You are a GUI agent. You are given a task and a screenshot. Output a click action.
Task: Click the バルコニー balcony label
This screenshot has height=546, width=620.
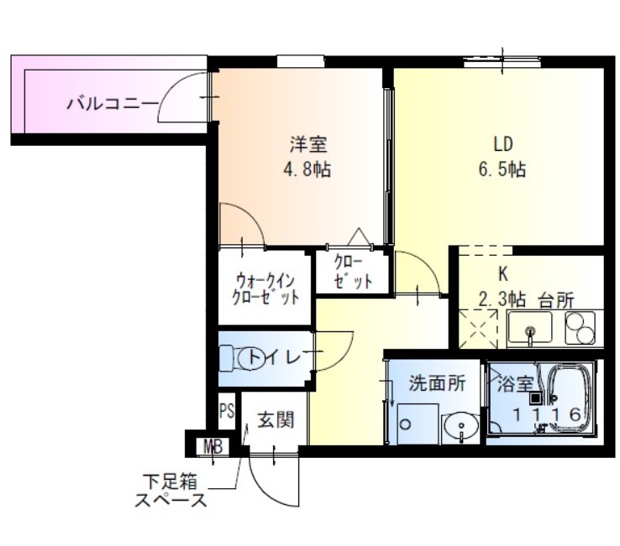(112, 104)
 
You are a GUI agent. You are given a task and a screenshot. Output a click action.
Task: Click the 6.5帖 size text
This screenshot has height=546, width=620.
(503, 169)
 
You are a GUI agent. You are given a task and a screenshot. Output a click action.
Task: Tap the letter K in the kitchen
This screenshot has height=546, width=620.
(503, 274)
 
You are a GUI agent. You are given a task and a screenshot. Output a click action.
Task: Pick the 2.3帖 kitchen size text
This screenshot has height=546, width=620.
(502, 299)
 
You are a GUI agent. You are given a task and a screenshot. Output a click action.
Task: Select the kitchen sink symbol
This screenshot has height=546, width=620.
(530, 330)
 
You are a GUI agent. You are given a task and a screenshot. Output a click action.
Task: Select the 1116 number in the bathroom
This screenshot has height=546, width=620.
(547, 414)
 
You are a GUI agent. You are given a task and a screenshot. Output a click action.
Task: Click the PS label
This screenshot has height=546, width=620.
(226, 411)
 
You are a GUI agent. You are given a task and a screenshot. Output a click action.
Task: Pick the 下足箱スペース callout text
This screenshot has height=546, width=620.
(171, 493)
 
